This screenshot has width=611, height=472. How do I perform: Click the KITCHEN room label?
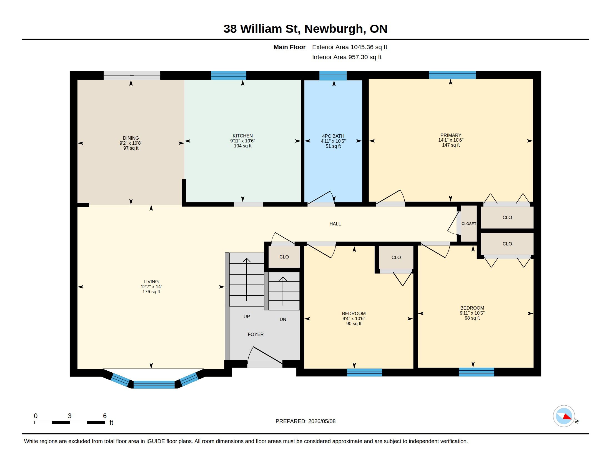tap(242, 136)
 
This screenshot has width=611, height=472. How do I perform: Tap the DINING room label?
tap(131, 138)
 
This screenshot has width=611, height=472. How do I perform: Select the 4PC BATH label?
tap(333, 136)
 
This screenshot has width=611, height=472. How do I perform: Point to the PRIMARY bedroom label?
tap(451, 135)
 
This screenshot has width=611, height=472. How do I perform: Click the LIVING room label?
tap(151, 282)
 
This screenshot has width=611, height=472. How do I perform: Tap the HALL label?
tap(335, 224)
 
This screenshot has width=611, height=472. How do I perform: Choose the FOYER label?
tap(256, 334)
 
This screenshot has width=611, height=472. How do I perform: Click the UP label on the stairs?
tap(246, 317)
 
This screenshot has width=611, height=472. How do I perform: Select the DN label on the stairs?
tap(283, 319)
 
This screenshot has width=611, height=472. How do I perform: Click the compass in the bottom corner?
tap(564, 416)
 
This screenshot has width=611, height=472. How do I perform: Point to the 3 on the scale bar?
tap(70, 416)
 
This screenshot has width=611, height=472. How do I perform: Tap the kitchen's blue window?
tap(229, 76)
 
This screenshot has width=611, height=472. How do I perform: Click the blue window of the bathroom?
tap(333, 76)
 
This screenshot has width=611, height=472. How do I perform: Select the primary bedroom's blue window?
tap(452, 75)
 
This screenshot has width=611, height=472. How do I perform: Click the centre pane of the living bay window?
tap(154, 385)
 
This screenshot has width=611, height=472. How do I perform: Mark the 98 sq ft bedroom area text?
tap(472, 318)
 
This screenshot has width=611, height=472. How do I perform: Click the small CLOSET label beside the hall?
tap(469, 224)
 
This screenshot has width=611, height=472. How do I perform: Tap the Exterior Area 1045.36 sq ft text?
tap(350, 47)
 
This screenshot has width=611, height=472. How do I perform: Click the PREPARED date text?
tap(305, 421)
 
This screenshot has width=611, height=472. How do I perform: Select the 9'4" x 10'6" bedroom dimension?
tap(354, 318)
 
